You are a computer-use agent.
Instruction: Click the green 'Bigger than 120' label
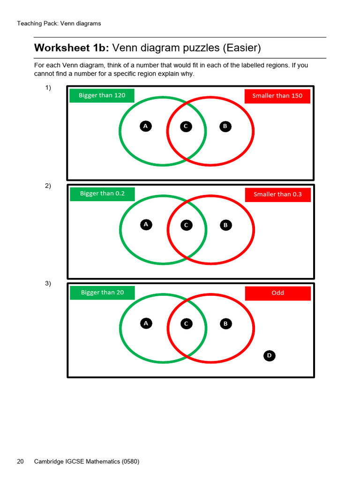(x=102, y=96)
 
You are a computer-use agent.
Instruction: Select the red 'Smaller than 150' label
(x=277, y=96)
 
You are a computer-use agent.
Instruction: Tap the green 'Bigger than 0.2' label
(x=102, y=194)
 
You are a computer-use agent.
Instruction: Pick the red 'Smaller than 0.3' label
(x=277, y=195)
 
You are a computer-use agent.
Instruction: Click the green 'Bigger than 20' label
(x=102, y=292)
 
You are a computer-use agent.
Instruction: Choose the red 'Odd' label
(x=277, y=293)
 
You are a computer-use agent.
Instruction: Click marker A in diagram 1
(x=145, y=126)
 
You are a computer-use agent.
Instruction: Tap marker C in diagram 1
(x=186, y=127)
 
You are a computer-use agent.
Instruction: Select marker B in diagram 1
(x=225, y=126)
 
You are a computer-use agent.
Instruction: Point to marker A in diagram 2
(x=146, y=225)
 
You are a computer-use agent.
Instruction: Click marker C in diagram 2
(x=186, y=225)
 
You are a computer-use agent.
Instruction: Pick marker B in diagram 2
(x=225, y=225)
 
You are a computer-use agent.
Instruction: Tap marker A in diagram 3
(x=146, y=323)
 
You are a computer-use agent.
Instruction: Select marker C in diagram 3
(x=186, y=324)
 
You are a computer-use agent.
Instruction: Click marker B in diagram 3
(x=225, y=324)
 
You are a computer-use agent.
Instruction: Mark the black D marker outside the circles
(x=269, y=356)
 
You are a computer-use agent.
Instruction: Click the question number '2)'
(x=48, y=186)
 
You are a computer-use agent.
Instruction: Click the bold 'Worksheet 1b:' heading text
(x=71, y=48)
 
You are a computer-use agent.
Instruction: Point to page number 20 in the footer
(x=20, y=461)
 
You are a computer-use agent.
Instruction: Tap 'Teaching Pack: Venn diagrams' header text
(x=59, y=23)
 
